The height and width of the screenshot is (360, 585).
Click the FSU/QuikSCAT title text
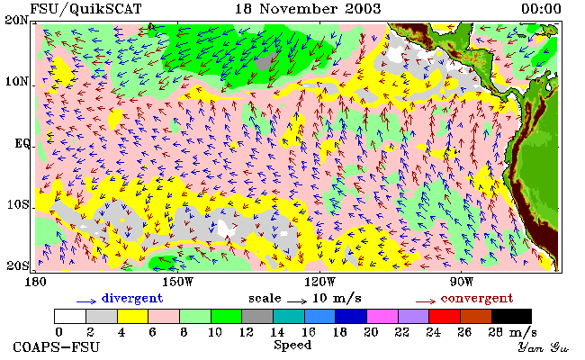(85, 9)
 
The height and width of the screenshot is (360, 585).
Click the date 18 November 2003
(308, 9)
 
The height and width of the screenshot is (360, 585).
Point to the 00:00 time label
(541, 9)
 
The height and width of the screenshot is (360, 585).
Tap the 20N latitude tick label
(16, 20)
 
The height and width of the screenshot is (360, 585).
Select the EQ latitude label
(22, 143)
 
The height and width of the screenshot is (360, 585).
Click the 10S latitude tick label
(18, 204)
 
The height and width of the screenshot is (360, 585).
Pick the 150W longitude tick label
(178, 282)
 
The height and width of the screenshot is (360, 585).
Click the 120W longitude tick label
(319, 282)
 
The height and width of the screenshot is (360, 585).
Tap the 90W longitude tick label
(461, 282)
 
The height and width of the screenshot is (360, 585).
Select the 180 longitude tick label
(35, 282)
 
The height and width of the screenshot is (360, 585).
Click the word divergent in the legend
(132, 299)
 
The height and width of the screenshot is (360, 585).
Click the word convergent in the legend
(477, 299)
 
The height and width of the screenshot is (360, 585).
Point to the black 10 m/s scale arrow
(297, 301)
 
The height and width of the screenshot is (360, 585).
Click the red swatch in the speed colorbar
(445, 316)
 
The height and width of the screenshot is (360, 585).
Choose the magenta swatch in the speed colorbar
(382, 316)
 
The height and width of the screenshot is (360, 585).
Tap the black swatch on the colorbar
(511, 316)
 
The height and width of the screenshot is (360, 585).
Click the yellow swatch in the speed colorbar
(133, 316)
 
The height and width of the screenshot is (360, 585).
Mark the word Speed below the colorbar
(292, 346)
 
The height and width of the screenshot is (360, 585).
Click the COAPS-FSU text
(57, 347)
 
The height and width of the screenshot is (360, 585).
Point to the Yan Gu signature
(543, 347)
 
